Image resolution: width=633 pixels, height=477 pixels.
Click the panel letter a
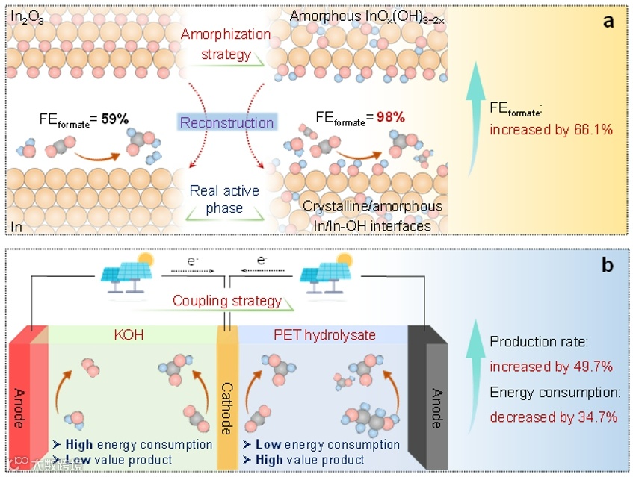609,21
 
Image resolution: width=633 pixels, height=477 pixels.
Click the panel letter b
609,266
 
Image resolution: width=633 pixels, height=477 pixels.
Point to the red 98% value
390,117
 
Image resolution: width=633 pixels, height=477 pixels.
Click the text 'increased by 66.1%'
552,129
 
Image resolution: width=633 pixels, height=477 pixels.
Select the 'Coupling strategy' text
227,302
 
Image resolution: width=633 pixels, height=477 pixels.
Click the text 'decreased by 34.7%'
553,417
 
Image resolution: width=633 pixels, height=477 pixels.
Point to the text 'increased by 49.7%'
552,367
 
